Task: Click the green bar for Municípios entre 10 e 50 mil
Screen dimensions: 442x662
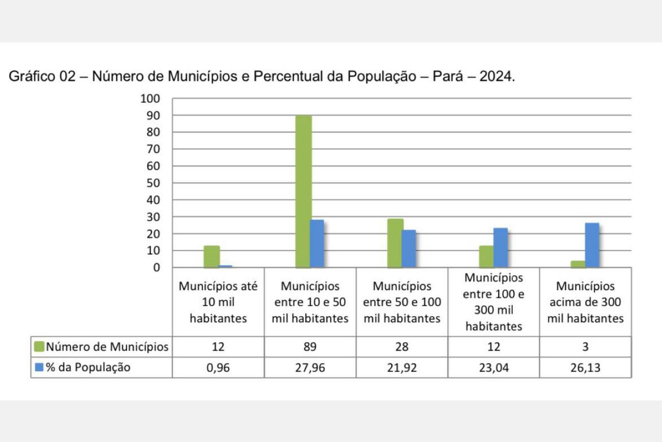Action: [304, 191]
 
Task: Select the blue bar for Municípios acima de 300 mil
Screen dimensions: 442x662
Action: [592, 245]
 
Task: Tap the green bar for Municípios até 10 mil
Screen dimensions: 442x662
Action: [211, 256]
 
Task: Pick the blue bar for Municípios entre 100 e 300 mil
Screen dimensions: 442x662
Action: [500, 247]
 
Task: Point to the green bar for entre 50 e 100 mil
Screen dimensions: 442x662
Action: [395, 243]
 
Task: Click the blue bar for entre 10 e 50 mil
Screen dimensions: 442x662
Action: [317, 243]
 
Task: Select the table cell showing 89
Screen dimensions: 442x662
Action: [310, 347]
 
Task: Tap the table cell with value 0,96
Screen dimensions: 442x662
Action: [218, 368]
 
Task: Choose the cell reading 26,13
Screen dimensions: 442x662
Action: [586, 368]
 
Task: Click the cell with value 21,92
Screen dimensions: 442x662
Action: [402, 368]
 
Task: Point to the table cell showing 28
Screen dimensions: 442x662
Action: [402, 347]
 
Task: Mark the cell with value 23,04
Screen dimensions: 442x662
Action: [493, 368]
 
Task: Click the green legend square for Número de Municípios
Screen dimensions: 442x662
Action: [39, 347]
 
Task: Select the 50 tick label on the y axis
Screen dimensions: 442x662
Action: [153, 183]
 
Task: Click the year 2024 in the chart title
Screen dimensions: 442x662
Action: [498, 77]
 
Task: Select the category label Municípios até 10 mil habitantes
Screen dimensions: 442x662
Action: [218, 302]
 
